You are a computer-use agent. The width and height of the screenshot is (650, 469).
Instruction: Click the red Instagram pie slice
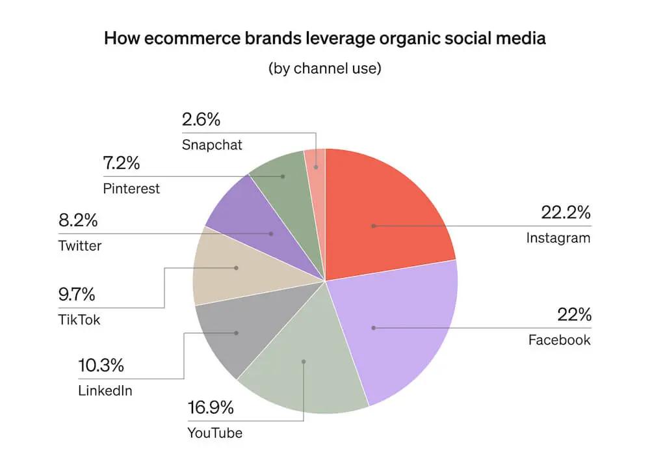pyautogui.click(x=383, y=208)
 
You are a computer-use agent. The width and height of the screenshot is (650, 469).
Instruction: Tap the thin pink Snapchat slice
pyautogui.click(x=315, y=163)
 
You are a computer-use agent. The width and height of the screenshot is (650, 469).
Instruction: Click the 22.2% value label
pyautogui.click(x=565, y=212)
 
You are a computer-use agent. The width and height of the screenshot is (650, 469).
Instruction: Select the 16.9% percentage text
pyautogui.click(x=211, y=410)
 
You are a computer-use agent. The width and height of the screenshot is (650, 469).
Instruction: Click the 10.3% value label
pyautogui.click(x=101, y=366)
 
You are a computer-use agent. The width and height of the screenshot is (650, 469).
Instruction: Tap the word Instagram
pyautogui.click(x=558, y=237)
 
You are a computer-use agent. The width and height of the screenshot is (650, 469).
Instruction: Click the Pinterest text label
pyautogui.click(x=131, y=189)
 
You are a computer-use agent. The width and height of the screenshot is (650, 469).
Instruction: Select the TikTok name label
pyautogui.click(x=79, y=321)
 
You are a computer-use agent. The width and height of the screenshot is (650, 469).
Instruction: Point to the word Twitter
pyautogui.click(x=80, y=247)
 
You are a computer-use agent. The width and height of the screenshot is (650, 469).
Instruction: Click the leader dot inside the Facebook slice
pyautogui.click(x=373, y=328)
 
